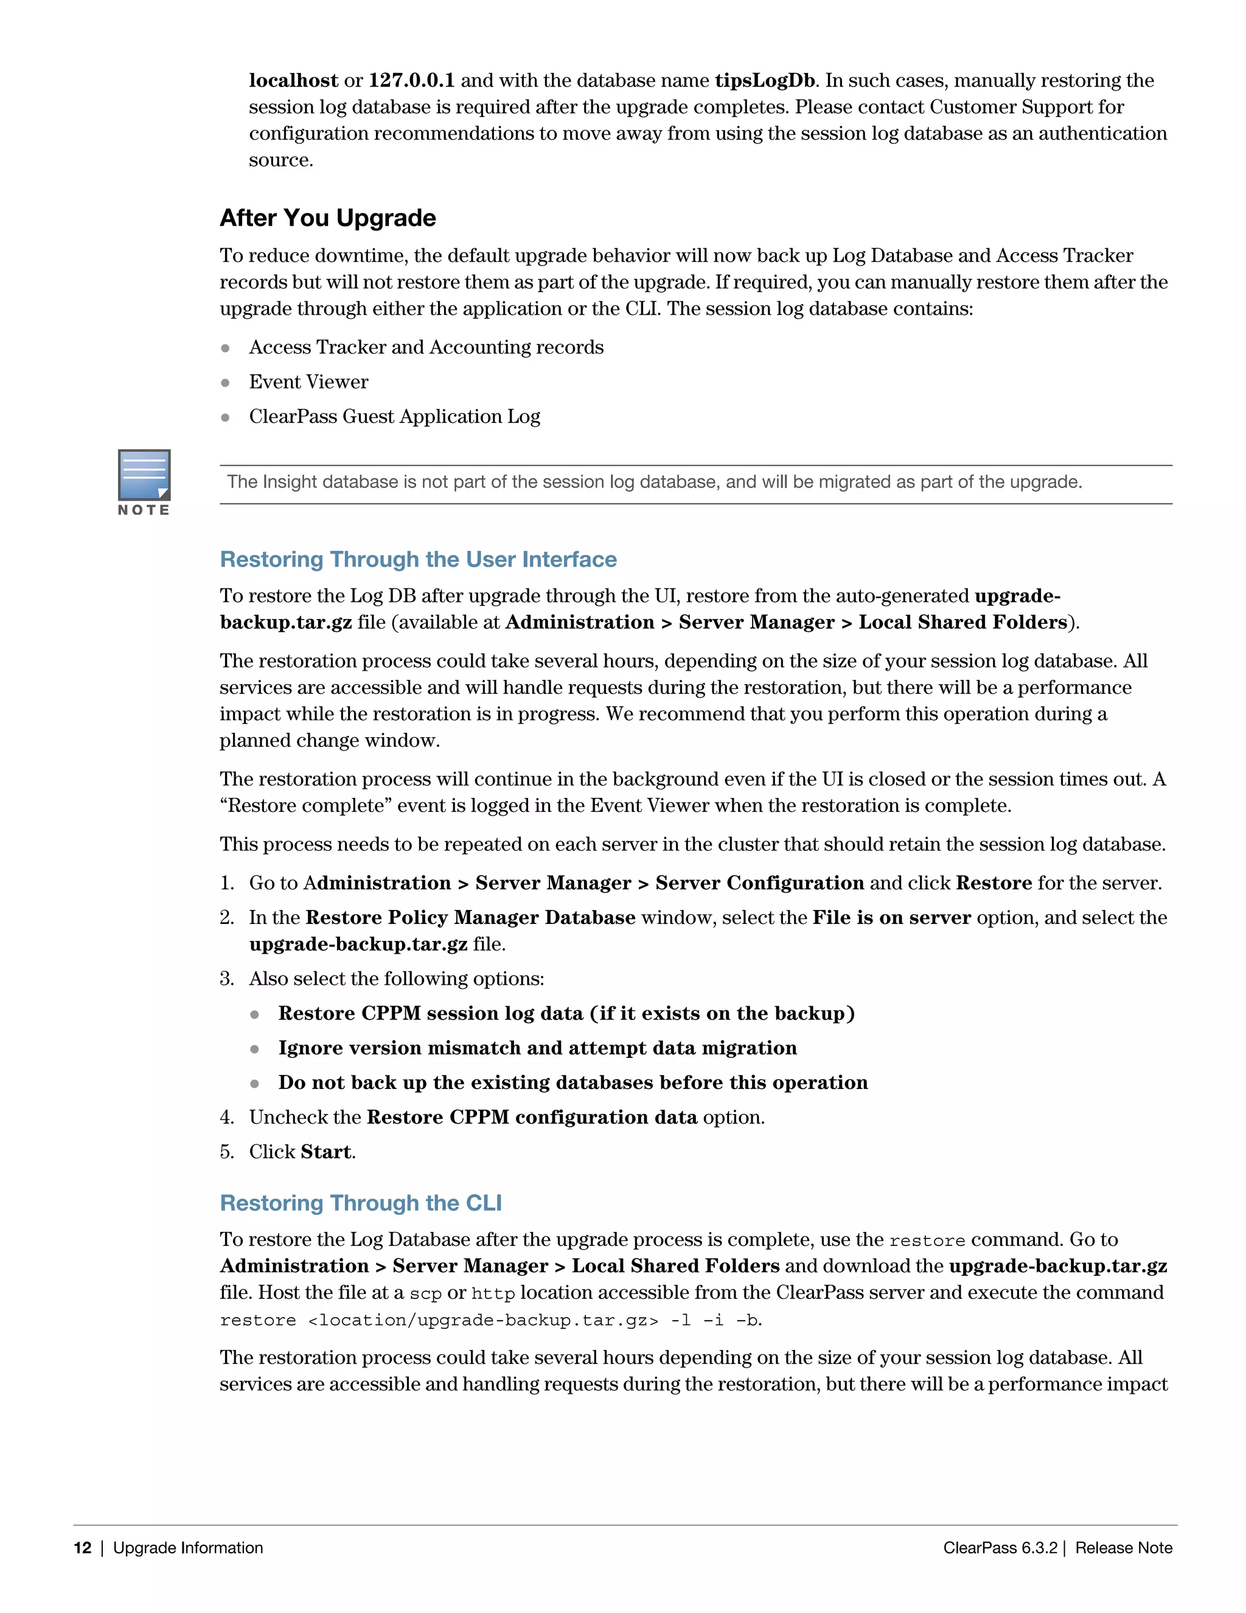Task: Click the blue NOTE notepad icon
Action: pyautogui.click(x=144, y=475)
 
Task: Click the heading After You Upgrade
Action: pyautogui.click(x=328, y=218)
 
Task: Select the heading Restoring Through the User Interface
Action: pyautogui.click(x=418, y=559)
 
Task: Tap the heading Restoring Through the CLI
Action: pyautogui.click(x=360, y=1203)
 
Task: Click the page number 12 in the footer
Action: pyautogui.click(x=83, y=1548)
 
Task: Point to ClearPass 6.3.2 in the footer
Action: pyautogui.click(x=1000, y=1548)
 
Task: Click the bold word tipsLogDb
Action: pyautogui.click(x=765, y=80)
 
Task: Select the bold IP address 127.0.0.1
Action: pyautogui.click(x=411, y=80)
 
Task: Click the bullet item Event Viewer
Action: pyautogui.click(x=308, y=382)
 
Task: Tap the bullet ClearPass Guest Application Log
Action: pyautogui.click(x=394, y=416)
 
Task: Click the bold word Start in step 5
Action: pyautogui.click(x=325, y=1152)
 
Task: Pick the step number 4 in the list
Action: pyautogui.click(x=226, y=1118)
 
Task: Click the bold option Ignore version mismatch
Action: pyautogui.click(x=537, y=1048)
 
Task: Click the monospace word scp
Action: pyautogui.click(x=425, y=1294)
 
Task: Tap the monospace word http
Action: pyautogui.click(x=492, y=1294)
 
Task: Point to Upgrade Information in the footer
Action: pyautogui.click(x=187, y=1548)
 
